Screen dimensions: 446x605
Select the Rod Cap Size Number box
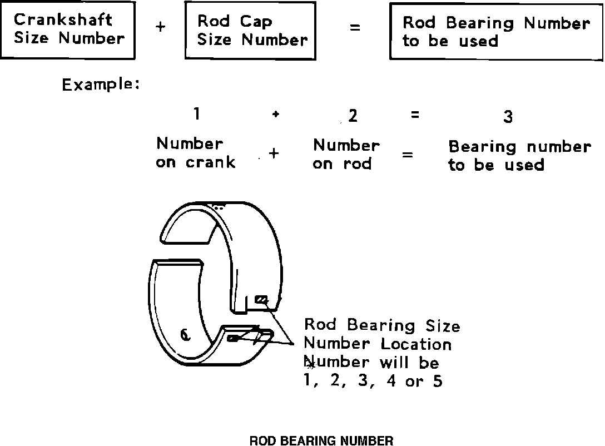[250, 31]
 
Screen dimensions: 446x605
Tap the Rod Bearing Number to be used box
[495, 32]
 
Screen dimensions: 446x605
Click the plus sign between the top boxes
[160, 27]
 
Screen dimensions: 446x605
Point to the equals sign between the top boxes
[355, 27]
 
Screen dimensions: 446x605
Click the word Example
[100, 85]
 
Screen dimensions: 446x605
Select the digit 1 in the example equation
[196, 114]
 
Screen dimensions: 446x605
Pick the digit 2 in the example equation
[353, 116]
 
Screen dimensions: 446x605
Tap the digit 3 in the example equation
[507, 117]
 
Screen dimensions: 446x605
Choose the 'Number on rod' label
[346, 155]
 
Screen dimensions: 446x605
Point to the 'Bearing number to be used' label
[519, 156]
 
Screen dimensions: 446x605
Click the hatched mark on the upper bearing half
[261, 300]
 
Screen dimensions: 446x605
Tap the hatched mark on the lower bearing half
[233, 338]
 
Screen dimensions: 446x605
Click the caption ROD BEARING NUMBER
[321, 441]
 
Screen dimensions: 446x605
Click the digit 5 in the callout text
[438, 381]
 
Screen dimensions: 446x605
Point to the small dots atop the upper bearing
[219, 207]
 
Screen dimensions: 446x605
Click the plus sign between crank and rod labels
[273, 154]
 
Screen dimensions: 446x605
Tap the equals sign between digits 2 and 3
[414, 115]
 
